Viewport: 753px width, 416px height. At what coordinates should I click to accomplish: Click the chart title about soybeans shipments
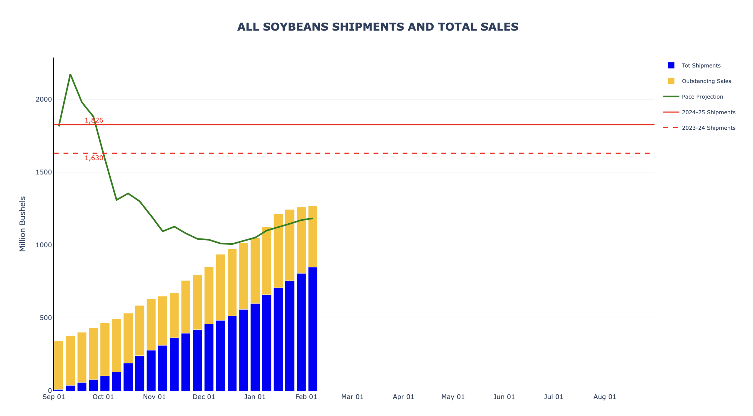point(377,27)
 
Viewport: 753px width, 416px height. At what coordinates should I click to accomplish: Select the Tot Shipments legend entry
point(701,66)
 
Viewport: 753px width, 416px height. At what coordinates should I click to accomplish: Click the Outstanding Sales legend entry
point(706,81)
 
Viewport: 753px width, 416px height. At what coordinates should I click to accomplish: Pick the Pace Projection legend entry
point(702,97)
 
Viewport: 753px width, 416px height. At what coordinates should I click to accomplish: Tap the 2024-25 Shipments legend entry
point(708,112)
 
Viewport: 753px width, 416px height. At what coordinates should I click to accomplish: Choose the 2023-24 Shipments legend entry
point(708,128)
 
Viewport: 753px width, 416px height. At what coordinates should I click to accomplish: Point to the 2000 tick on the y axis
point(44,99)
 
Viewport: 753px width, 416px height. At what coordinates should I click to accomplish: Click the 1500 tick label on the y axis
point(44,172)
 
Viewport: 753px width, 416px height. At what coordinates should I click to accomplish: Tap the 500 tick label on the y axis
point(46,318)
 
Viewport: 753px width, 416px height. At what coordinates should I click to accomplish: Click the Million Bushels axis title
point(23,224)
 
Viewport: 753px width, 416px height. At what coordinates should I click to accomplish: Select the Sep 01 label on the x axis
point(54,397)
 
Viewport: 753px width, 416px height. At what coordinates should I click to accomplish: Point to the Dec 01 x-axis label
point(204,397)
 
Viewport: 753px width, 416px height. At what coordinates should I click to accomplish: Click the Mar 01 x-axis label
point(352,397)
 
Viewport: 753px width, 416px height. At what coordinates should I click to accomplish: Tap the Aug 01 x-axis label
point(604,397)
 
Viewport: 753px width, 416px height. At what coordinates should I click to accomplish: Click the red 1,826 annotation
point(94,120)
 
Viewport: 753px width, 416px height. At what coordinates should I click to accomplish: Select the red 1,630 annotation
point(94,158)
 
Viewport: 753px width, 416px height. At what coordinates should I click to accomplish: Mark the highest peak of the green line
point(70,74)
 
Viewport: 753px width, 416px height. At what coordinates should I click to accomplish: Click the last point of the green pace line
point(312,218)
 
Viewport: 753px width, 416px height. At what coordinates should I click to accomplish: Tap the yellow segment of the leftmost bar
point(59,364)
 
